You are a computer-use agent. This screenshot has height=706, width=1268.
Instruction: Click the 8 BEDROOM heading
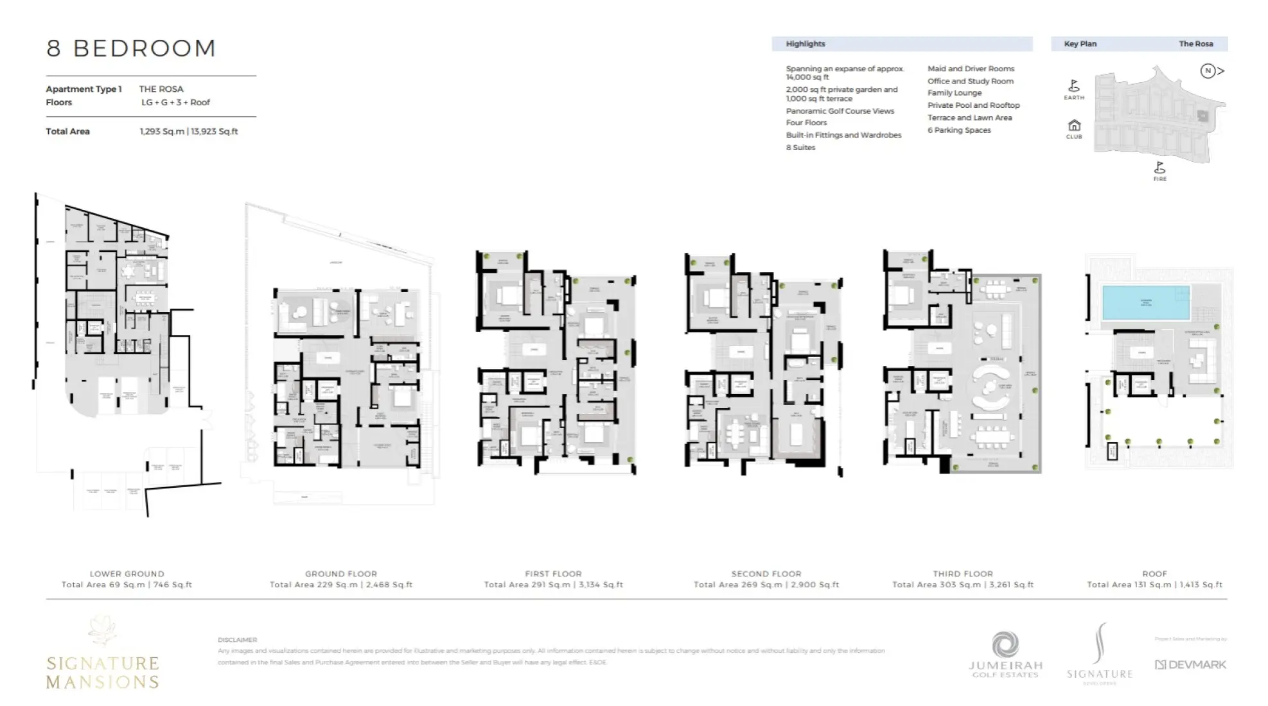click(x=131, y=49)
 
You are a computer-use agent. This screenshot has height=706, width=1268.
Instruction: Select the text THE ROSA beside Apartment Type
click(x=161, y=89)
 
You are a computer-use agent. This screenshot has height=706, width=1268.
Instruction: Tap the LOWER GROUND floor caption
click(x=127, y=574)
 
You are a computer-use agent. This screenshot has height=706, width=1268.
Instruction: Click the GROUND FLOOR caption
click(x=340, y=574)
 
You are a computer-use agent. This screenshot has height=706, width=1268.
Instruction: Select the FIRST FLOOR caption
click(x=553, y=574)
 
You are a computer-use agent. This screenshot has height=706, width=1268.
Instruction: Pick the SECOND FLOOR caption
click(x=766, y=574)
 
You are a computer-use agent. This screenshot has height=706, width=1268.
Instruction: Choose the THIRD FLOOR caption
click(x=962, y=574)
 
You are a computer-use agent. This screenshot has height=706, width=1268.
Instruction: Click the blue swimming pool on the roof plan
click(x=1145, y=303)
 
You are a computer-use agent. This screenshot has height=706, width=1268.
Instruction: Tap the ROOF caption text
click(x=1154, y=574)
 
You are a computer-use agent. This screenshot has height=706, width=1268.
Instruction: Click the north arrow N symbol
click(x=1208, y=71)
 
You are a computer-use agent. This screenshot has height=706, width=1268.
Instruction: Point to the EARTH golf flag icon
click(x=1073, y=86)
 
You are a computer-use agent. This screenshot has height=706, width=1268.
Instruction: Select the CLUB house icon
click(x=1074, y=125)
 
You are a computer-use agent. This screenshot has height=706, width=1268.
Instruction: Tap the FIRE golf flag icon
click(x=1159, y=168)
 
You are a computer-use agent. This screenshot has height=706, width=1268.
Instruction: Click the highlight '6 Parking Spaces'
click(x=958, y=130)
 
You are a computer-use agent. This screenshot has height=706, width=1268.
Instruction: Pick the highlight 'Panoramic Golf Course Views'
click(x=840, y=111)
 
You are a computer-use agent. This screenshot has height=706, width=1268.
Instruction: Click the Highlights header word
click(x=805, y=44)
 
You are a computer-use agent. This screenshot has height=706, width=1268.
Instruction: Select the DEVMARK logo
click(x=1190, y=665)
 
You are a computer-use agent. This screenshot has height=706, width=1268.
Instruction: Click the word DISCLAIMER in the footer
click(x=237, y=640)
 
